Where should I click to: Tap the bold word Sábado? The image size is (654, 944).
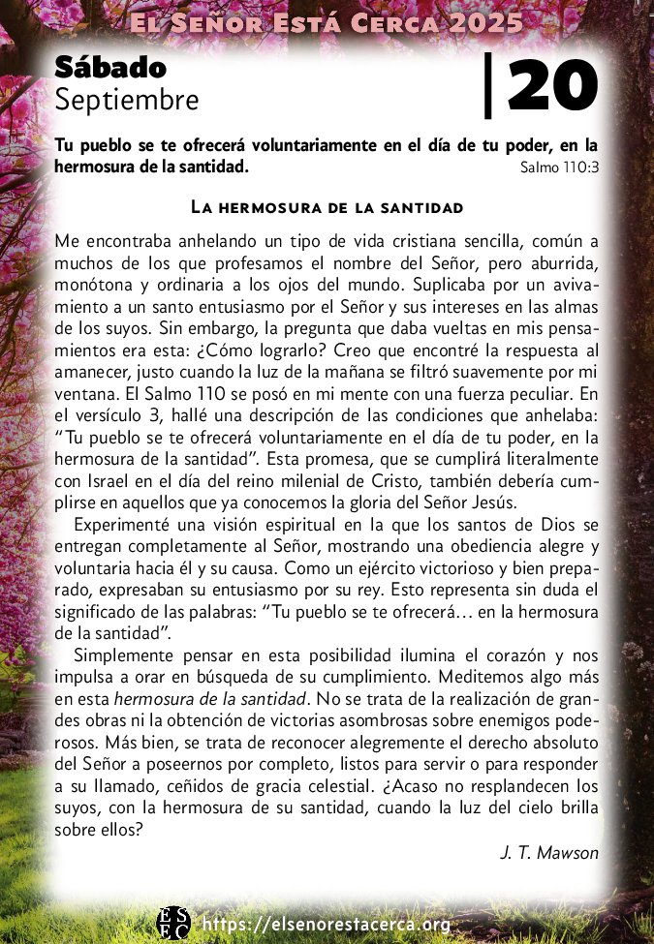click(110, 67)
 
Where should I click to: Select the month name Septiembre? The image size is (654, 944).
click(127, 99)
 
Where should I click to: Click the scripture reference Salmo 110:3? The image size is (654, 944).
click(558, 167)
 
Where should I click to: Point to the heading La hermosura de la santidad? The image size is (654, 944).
click(327, 207)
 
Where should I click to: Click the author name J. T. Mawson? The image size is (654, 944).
click(549, 852)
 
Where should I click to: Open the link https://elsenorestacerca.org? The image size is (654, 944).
click(326, 925)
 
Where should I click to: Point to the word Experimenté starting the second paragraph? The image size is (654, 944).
click(119, 525)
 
